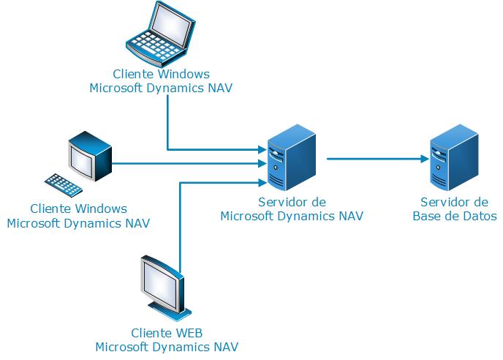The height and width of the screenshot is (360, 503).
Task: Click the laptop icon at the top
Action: [162, 34]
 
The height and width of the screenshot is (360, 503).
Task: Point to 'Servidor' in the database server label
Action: [443, 202]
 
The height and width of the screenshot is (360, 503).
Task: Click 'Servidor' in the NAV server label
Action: [281, 202]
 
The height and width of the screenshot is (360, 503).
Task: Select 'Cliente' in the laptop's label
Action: [134, 74]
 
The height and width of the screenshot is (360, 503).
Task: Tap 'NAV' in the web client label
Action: [225, 346]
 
